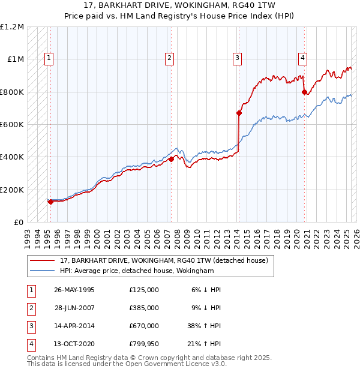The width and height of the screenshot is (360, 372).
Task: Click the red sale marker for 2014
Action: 239,113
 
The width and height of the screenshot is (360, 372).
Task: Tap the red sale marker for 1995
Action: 50,202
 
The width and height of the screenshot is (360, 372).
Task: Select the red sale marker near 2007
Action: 171,159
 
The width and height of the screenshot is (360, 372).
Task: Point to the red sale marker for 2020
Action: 304,92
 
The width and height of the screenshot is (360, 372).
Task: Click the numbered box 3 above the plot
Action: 238,58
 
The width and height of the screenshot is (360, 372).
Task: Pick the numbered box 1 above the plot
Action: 49,58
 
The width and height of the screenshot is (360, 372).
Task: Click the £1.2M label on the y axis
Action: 12,27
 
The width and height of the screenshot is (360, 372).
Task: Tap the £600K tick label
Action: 12,125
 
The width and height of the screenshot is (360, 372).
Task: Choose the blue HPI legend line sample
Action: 43,271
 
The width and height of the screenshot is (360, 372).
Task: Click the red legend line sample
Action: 43,260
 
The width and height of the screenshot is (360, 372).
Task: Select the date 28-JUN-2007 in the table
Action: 74,307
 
